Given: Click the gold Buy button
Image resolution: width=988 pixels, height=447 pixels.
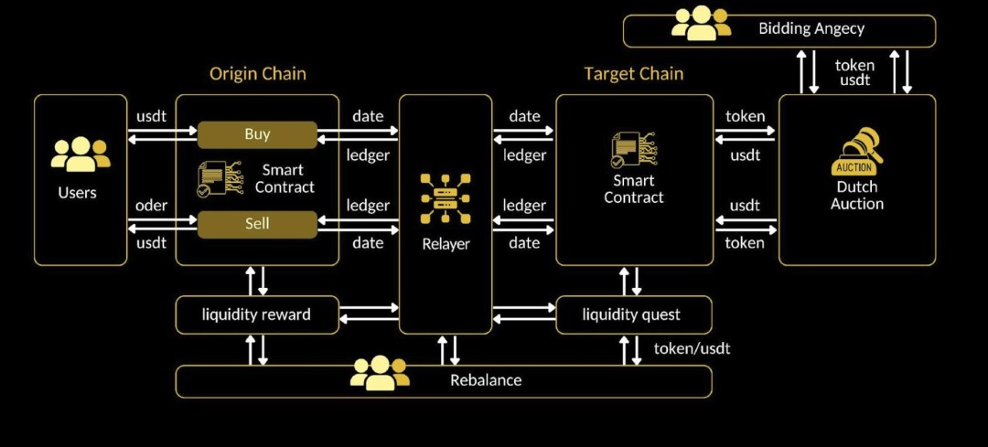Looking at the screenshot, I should tap(257, 134).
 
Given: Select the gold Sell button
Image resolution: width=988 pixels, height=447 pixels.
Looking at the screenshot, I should tap(257, 224).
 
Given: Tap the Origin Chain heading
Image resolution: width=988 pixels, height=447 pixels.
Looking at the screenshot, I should tap(257, 73).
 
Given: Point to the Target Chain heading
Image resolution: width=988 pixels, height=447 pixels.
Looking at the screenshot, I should tap(634, 73).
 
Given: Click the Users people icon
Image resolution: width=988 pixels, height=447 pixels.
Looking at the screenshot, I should tap(81, 154).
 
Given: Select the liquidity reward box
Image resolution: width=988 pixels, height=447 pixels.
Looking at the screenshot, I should tap(257, 314).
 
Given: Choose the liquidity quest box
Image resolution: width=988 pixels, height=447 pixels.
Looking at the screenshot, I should tap(632, 314).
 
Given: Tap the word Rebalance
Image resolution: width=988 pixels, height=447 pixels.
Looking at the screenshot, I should tap(486, 380).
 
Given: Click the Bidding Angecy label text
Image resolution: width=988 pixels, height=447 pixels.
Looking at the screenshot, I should tap(811, 28).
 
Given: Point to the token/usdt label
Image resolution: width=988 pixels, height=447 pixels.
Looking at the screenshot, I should tap(692, 348).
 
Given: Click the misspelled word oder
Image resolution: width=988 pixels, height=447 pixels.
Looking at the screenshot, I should tap(151, 206).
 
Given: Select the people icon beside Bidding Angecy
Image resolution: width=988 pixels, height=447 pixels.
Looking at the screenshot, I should tap(702, 24).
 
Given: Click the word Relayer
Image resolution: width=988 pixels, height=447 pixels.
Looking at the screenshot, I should tap(446, 244).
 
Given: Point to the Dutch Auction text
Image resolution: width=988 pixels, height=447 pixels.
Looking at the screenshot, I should tap(857, 195).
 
